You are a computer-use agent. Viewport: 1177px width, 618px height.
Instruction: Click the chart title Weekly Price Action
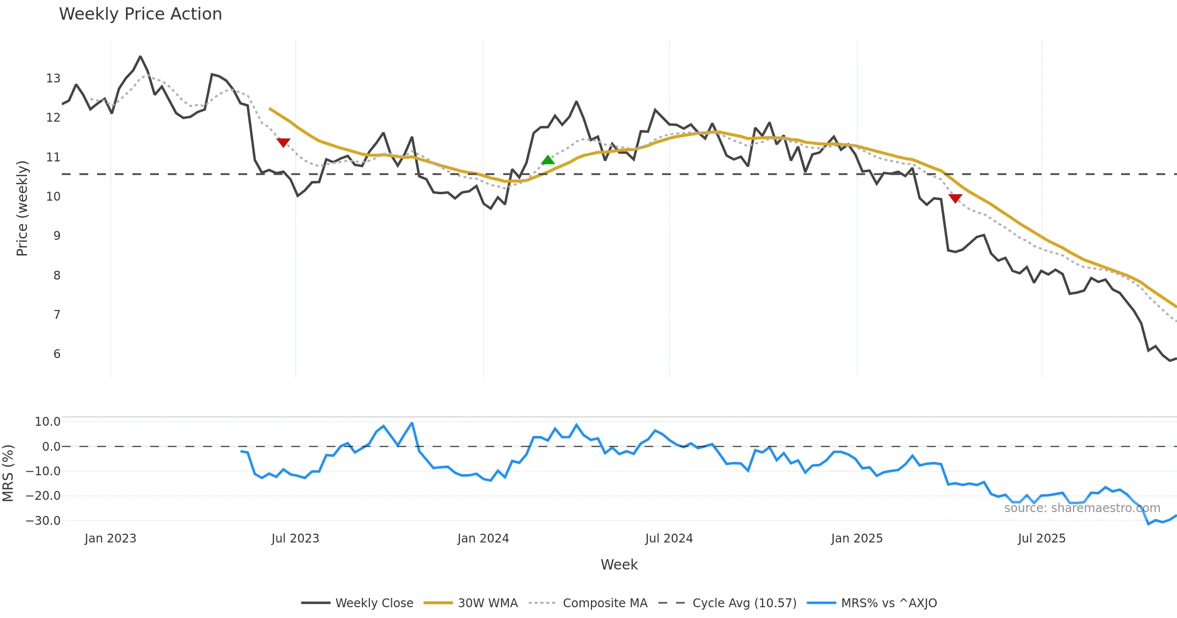click(140, 14)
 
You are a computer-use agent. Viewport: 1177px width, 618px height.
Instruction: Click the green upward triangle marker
click(548, 160)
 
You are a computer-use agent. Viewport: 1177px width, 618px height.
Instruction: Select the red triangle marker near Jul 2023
click(283, 142)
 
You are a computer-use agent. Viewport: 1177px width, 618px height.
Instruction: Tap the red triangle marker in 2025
click(955, 198)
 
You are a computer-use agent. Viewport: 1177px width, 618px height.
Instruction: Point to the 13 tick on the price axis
click(53, 78)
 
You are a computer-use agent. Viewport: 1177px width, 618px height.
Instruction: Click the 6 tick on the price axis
click(57, 354)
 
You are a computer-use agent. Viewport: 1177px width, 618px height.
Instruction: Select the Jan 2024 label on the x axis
click(483, 539)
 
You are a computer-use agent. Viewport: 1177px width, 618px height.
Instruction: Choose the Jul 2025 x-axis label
click(1042, 539)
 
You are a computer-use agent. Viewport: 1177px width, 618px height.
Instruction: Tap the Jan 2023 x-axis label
click(110, 539)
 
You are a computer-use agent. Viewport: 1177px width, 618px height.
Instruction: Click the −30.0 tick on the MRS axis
click(43, 521)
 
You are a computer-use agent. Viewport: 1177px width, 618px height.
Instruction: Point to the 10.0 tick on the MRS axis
click(48, 422)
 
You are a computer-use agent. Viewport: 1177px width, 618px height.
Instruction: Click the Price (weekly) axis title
click(22, 208)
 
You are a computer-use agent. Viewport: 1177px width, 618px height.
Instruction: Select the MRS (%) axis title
click(8, 473)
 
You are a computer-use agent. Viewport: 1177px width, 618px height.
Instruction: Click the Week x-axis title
click(619, 565)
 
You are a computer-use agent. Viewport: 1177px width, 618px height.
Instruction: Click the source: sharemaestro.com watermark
click(1082, 508)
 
